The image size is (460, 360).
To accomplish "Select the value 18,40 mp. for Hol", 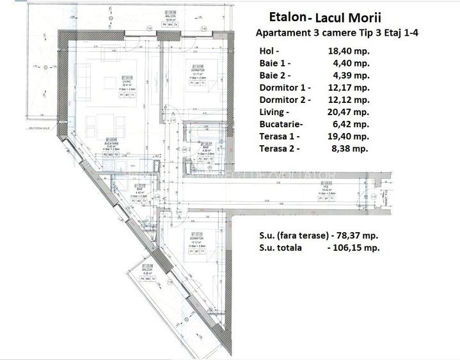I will click(x=350, y=51).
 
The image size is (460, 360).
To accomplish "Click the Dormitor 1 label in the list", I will click(x=285, y=88).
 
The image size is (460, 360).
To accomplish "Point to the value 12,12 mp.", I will click(x=350, y=100).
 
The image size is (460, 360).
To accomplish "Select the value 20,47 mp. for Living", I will click(x=350, y=112).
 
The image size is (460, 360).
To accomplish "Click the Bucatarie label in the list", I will click(x=282, y=124).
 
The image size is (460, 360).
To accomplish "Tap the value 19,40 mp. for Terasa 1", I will click(x=350, y=136).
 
